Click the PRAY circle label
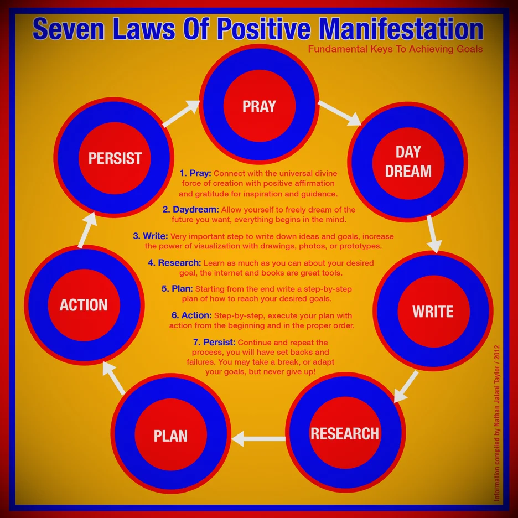point(259,106)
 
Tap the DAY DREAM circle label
point(408,161)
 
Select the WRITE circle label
point(433,311)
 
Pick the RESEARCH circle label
point(345,433)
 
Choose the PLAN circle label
point(170,436)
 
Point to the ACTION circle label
point(84,304)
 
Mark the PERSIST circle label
point(115,158)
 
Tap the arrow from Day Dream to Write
point(434,234)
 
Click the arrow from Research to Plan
point(258,439)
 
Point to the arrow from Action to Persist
point(87,229)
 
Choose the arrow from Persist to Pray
point(181,114)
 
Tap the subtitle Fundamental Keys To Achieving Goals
point(395,49)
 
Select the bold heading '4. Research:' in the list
point(174,263)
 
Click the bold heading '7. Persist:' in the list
point(212,343)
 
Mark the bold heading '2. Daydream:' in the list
point(191,210)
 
